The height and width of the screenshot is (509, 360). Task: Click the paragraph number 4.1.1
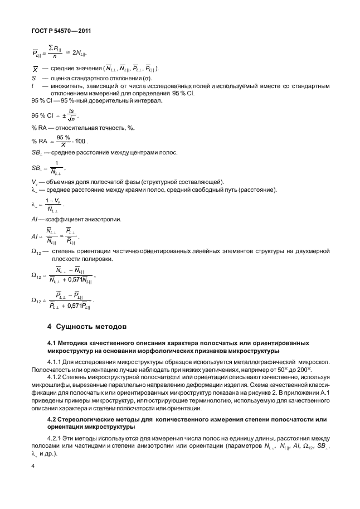(x=56, y=361)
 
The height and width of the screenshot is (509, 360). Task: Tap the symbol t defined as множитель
(x=33, y=86)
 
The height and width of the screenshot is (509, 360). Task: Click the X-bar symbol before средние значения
(x=35, y=69)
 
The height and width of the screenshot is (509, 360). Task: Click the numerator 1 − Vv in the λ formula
(x=53, y=200)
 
